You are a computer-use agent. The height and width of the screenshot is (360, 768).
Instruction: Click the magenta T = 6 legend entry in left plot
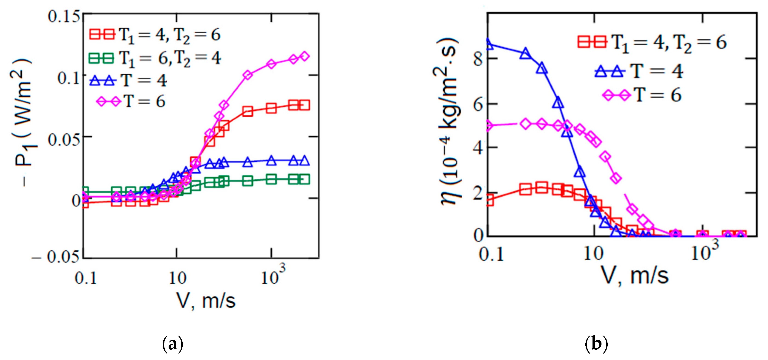131,102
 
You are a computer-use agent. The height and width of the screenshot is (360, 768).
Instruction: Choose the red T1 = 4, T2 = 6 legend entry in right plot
652,43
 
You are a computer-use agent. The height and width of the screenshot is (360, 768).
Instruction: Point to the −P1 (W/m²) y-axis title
24,122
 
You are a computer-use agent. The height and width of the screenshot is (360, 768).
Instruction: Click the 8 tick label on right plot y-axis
478,59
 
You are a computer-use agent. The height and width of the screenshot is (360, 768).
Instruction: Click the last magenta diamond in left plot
304,56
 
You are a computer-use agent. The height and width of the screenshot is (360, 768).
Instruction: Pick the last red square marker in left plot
304,105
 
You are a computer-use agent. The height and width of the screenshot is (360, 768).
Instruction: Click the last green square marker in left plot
304,179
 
